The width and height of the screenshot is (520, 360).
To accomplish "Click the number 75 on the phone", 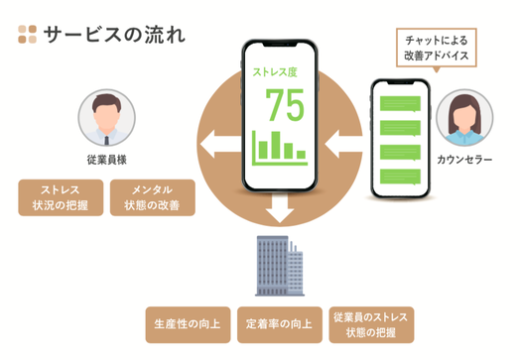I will pos(284,104).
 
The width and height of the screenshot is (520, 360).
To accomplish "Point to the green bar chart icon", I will pos(279,147).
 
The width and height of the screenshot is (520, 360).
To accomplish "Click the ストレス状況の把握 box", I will pos(60,197).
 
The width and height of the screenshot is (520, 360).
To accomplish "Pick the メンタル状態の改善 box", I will pos(152,197).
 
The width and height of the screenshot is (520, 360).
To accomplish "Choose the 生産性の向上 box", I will pos(187,323).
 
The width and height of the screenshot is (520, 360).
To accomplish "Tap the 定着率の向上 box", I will pos(279,323).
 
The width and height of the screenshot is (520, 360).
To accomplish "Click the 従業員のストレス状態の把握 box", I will pos(371,323).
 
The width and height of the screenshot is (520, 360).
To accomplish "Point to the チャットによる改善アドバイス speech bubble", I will pos(437,47).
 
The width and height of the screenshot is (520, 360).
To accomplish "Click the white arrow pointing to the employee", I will pos(213,150).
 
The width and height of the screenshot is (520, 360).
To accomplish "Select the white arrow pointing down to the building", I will pos(281,207).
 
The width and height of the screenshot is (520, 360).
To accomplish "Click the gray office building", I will pos(278,266).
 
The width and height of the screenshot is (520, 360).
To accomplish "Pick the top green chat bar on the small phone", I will pos(402,101).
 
